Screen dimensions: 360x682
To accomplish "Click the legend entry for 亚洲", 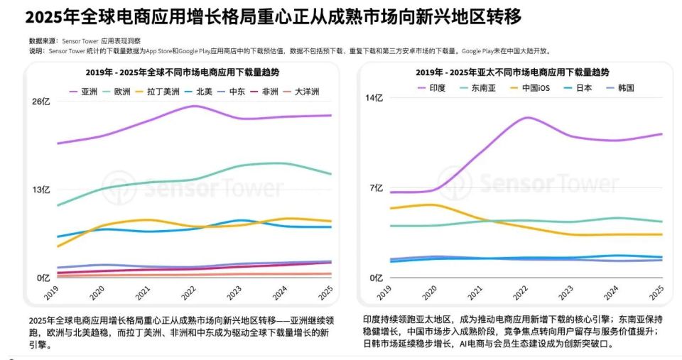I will coord(83,92).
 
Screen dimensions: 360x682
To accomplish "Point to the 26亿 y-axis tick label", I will coord(41,101).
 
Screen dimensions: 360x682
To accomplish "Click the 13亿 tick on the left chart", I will coord(41,190).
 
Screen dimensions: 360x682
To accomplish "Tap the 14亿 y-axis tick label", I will coord(374,97).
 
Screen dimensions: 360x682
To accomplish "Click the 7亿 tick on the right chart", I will coord(376,188).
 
